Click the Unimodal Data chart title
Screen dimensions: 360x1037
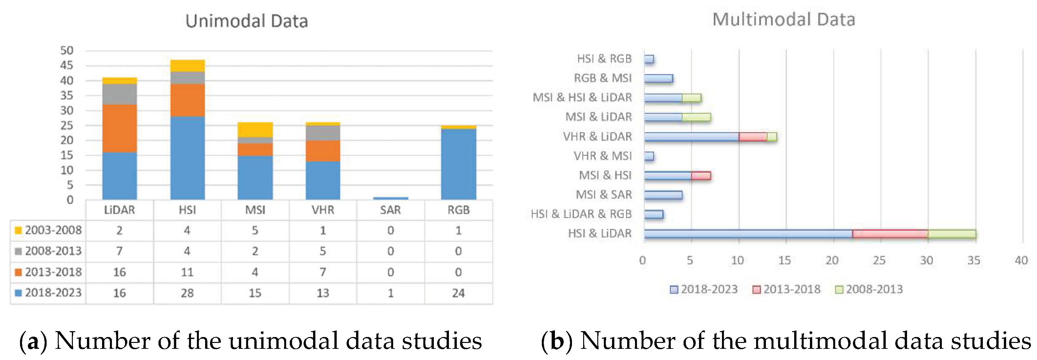pyautogui.click(x=246, y=21)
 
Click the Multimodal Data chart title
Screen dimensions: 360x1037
pyautogui.click(x=783, y=19)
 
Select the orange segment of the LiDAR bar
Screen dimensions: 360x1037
pyautogui.click(x=119, y=128)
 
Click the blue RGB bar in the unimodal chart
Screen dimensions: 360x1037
pyautogui.click(x=458, y=164)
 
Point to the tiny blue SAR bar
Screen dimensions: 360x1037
pyautogui.click(x=390, y=198)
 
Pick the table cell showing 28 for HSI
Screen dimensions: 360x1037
pyautogui.click(x=187, y=293)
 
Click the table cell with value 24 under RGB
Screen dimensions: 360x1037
pyautogui.click(x=458, y=293)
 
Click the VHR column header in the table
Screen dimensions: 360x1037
pyautogui.click(x=323, y=210)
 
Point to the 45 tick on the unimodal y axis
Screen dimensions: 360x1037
pyautogui.click(x=67, y=65)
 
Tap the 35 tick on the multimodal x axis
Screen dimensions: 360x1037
pyautogui.click(x=973, y=261)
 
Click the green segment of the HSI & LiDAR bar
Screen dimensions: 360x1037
pyautogui.click(x=952, y=234)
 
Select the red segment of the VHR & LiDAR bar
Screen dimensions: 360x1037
pyautogui.click(x=752, y=137)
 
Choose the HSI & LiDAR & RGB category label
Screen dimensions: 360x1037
pyautogui.click(x=581, y=214)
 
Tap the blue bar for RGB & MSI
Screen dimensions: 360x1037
pyautogui.click(x=658, y=78)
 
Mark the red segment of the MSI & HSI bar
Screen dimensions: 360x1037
pyautogui.click(x=701, y=176)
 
